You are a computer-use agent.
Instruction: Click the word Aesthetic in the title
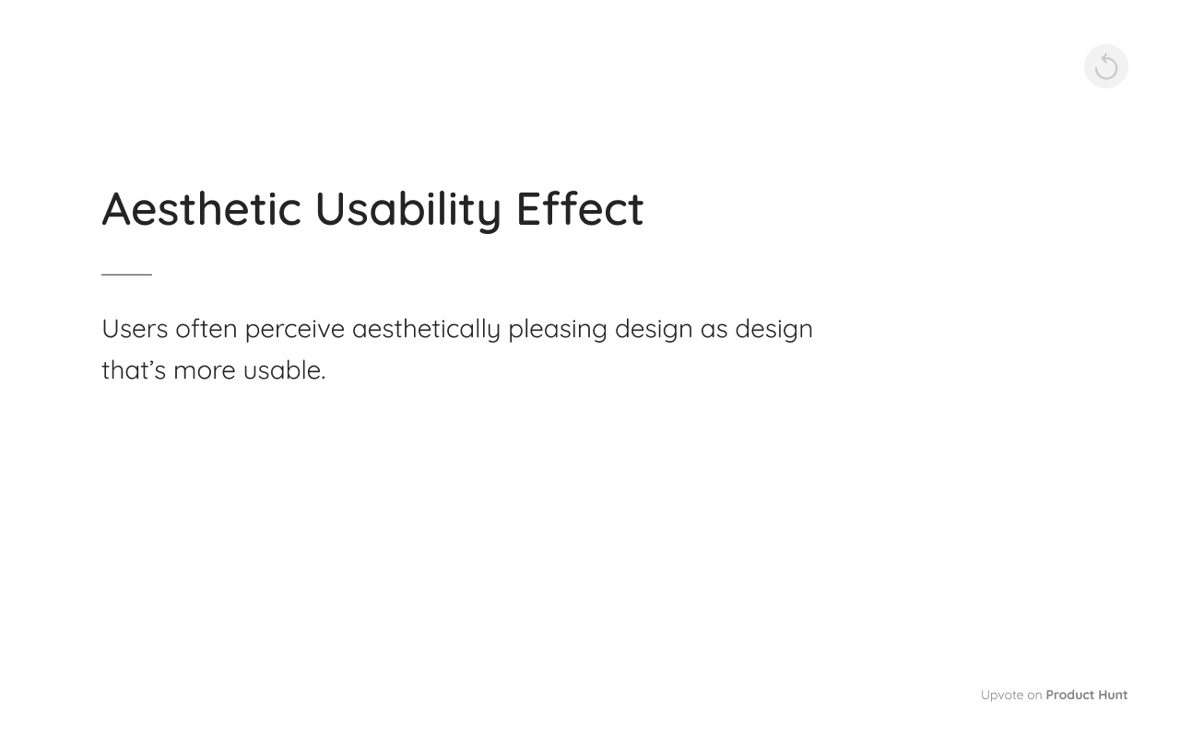(201, 208)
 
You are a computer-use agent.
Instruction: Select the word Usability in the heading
(407, 208)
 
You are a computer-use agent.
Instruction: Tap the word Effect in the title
(579, 208)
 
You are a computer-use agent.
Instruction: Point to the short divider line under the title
(126, 275)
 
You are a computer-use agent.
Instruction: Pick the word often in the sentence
(206, 329)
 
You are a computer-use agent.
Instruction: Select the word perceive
(294, 329)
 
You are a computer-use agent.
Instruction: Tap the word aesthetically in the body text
(426, 329)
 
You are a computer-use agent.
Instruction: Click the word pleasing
(557, 329)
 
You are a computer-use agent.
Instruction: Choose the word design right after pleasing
(654, 329)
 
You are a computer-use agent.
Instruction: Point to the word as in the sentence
(714, 329)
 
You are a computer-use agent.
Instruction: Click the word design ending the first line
(773, 329)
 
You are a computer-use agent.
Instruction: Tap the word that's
(134, 370)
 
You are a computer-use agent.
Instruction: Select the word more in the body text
(204, 370)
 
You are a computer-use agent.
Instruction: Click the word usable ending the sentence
(282, 370)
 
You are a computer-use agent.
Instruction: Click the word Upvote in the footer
(1001, 696)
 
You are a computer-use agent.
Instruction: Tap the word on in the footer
(1034, 696)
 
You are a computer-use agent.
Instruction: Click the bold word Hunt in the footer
(1112, 696)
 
